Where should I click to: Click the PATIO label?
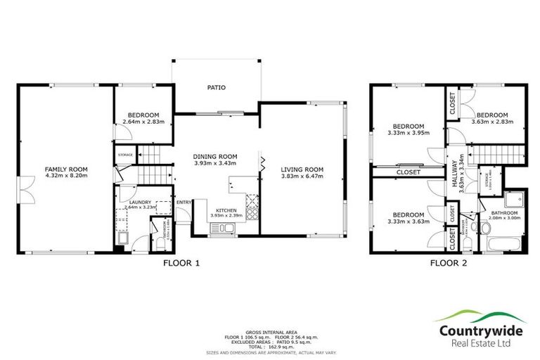click(215, 88)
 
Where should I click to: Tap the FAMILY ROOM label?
click(65, 169)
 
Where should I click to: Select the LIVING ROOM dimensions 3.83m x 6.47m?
click(302, 177)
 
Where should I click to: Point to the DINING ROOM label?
click(216, 156)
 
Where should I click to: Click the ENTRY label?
click(184, 203)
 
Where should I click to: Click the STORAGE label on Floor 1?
click(125, 155)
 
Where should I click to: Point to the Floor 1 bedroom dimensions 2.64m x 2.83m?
click(143, 122)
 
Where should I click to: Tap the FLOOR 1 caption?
click(182, 264)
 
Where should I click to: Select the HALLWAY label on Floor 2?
click(455, 170)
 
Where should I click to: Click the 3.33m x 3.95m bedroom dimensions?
click(408, 131)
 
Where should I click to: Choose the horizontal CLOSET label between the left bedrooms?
click(408, 172)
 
